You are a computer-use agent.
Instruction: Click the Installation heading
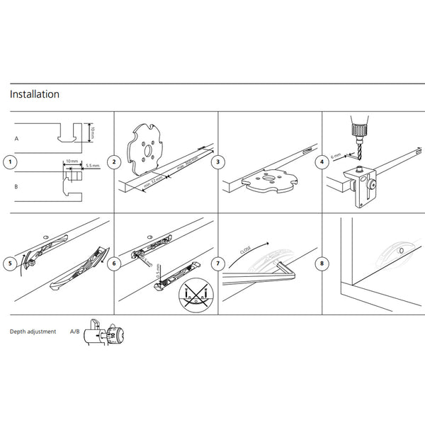pyautogui.click(x=34, y=94)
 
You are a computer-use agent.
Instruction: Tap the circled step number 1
pyautogui.click(x=9, y=162)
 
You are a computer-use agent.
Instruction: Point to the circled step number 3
pyautogui.click(x=217, y=162)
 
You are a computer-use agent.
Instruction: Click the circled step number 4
pyautogui.click(x=322, y=162)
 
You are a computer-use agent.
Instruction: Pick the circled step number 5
pyautogui.click(x=9, y=263)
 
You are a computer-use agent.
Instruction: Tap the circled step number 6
pyautogui.click(x=113, y=263)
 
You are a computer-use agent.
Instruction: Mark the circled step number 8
pyautogui.click(x=322, y=263)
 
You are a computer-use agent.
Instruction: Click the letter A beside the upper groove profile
pyautogui.click(x=15, y=140)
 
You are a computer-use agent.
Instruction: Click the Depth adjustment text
pyautogui.click(x=33, y=331)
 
